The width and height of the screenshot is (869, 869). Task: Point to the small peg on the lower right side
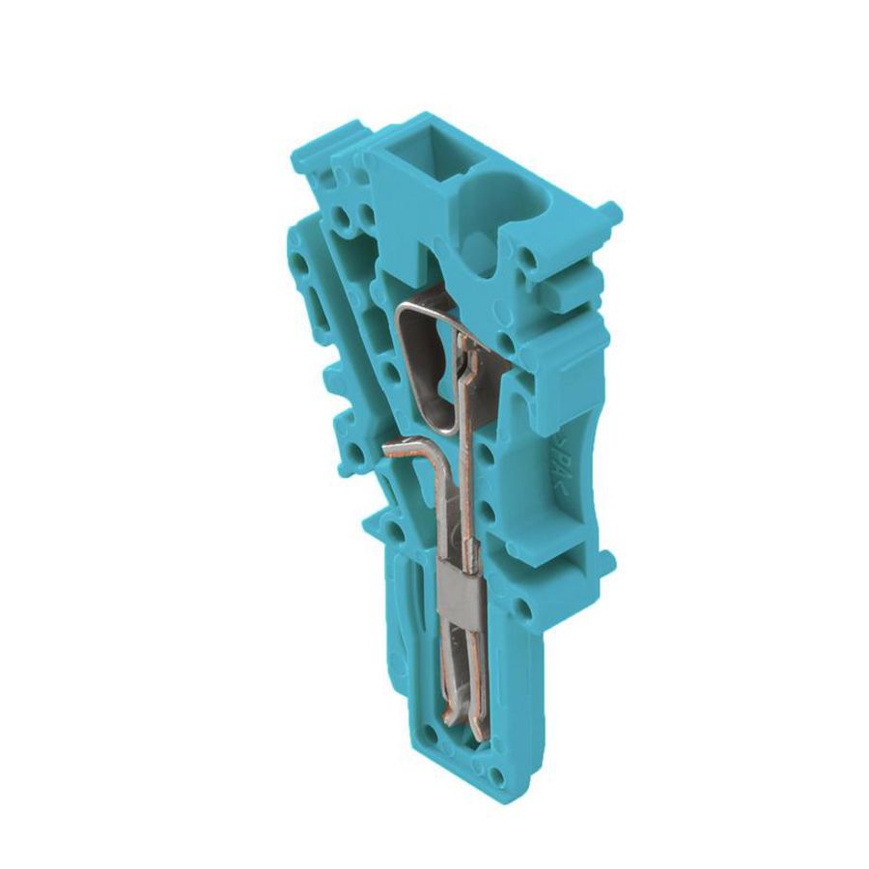604,561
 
